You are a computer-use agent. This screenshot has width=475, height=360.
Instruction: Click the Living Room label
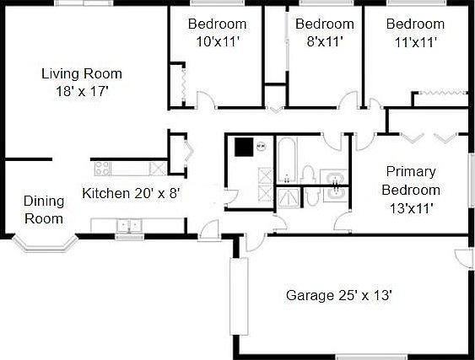(82, 73)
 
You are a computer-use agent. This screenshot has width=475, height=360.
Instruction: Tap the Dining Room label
(44, 210)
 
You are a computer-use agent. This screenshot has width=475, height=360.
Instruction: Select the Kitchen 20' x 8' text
(131, 193)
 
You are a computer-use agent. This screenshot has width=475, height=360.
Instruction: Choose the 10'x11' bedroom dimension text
(218, 40)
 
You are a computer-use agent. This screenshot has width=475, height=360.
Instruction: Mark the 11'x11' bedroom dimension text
(415, 40)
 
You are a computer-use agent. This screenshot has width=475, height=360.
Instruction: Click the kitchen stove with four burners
(102, 167)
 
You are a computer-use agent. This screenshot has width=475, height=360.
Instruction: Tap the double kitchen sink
(129, 225)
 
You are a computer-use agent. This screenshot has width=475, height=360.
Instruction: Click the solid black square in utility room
(244, 147)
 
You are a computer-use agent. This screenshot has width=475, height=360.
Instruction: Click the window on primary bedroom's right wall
(470, 178)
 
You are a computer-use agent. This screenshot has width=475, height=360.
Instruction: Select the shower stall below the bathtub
(288, 196)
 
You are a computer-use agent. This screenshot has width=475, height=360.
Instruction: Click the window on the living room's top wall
(82, 3)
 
